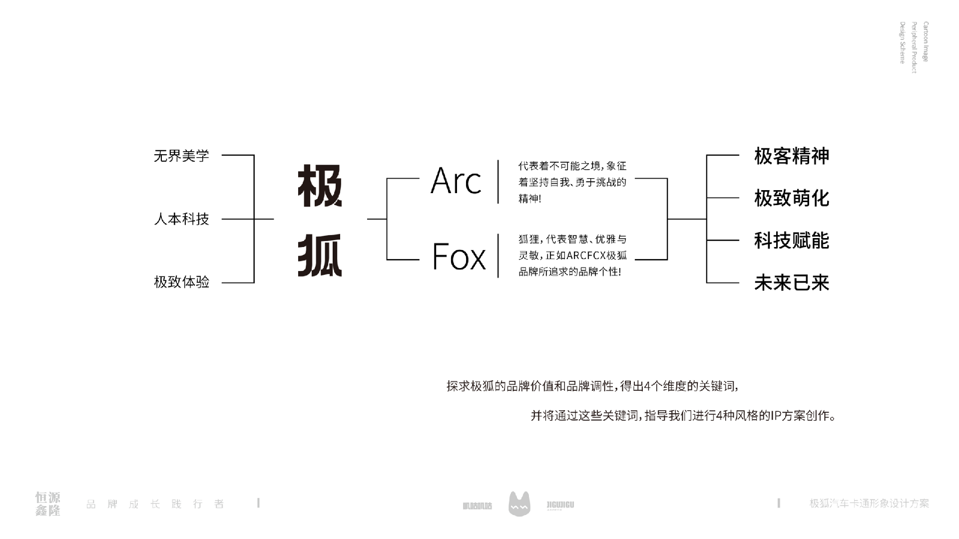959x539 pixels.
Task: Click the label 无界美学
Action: pos(181,156)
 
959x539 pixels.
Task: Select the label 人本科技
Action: pos(181,219)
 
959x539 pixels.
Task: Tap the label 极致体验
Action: pos(181,282)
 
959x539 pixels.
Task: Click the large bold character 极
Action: pos(320,186)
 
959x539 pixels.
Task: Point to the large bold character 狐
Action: pos(320,256)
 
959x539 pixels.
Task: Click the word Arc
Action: pos(456,181)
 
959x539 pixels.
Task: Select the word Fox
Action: pos(459,257)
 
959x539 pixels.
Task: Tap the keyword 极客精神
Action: pos(791,156)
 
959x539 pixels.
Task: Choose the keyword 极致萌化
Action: pos(791,199)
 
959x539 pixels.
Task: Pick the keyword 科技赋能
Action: pos(791,241)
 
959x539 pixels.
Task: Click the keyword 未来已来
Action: pos(791,283)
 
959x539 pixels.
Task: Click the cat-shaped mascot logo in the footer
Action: pos(519,504)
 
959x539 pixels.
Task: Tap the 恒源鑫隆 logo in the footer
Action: pos(48,504)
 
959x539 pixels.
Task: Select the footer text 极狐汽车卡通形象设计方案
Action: pos(869,504)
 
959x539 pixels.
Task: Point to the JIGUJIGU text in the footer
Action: pos(560,505)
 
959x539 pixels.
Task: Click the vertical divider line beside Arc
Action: pos(498,182)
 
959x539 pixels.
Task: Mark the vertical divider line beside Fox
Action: pos(498,256)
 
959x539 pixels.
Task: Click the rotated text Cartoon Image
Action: pos(926,41)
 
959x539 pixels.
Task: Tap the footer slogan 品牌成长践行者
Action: pos(155,504)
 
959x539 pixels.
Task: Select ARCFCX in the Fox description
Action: pos(586,256)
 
